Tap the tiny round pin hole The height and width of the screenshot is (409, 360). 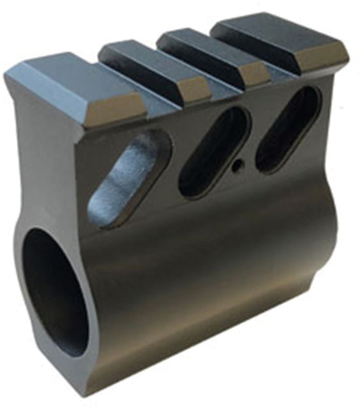coord(237,165)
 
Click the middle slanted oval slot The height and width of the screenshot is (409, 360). coord(213,151)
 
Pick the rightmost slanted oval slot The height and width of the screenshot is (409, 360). coord(288,128)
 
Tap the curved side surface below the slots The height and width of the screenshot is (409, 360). coord(217,268)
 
